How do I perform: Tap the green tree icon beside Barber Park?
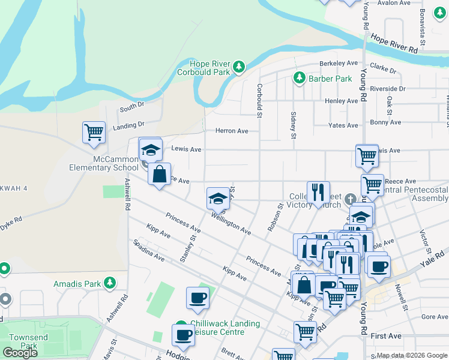pyautogui.click(x=298, y=78)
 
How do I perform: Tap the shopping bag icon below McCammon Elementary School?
pyautogui.click(x=159, y=175)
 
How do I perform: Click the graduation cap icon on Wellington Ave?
pyautogui.click(x=218, y=198)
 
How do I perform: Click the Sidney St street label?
pyautogui.click(x=294, y=125)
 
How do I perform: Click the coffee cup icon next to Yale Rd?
pyautogui.click(x=378, y=266)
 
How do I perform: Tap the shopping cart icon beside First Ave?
pyautogui.click(x=306, y=332)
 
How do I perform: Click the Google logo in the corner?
pyautogui.click(x=20, y=353)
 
